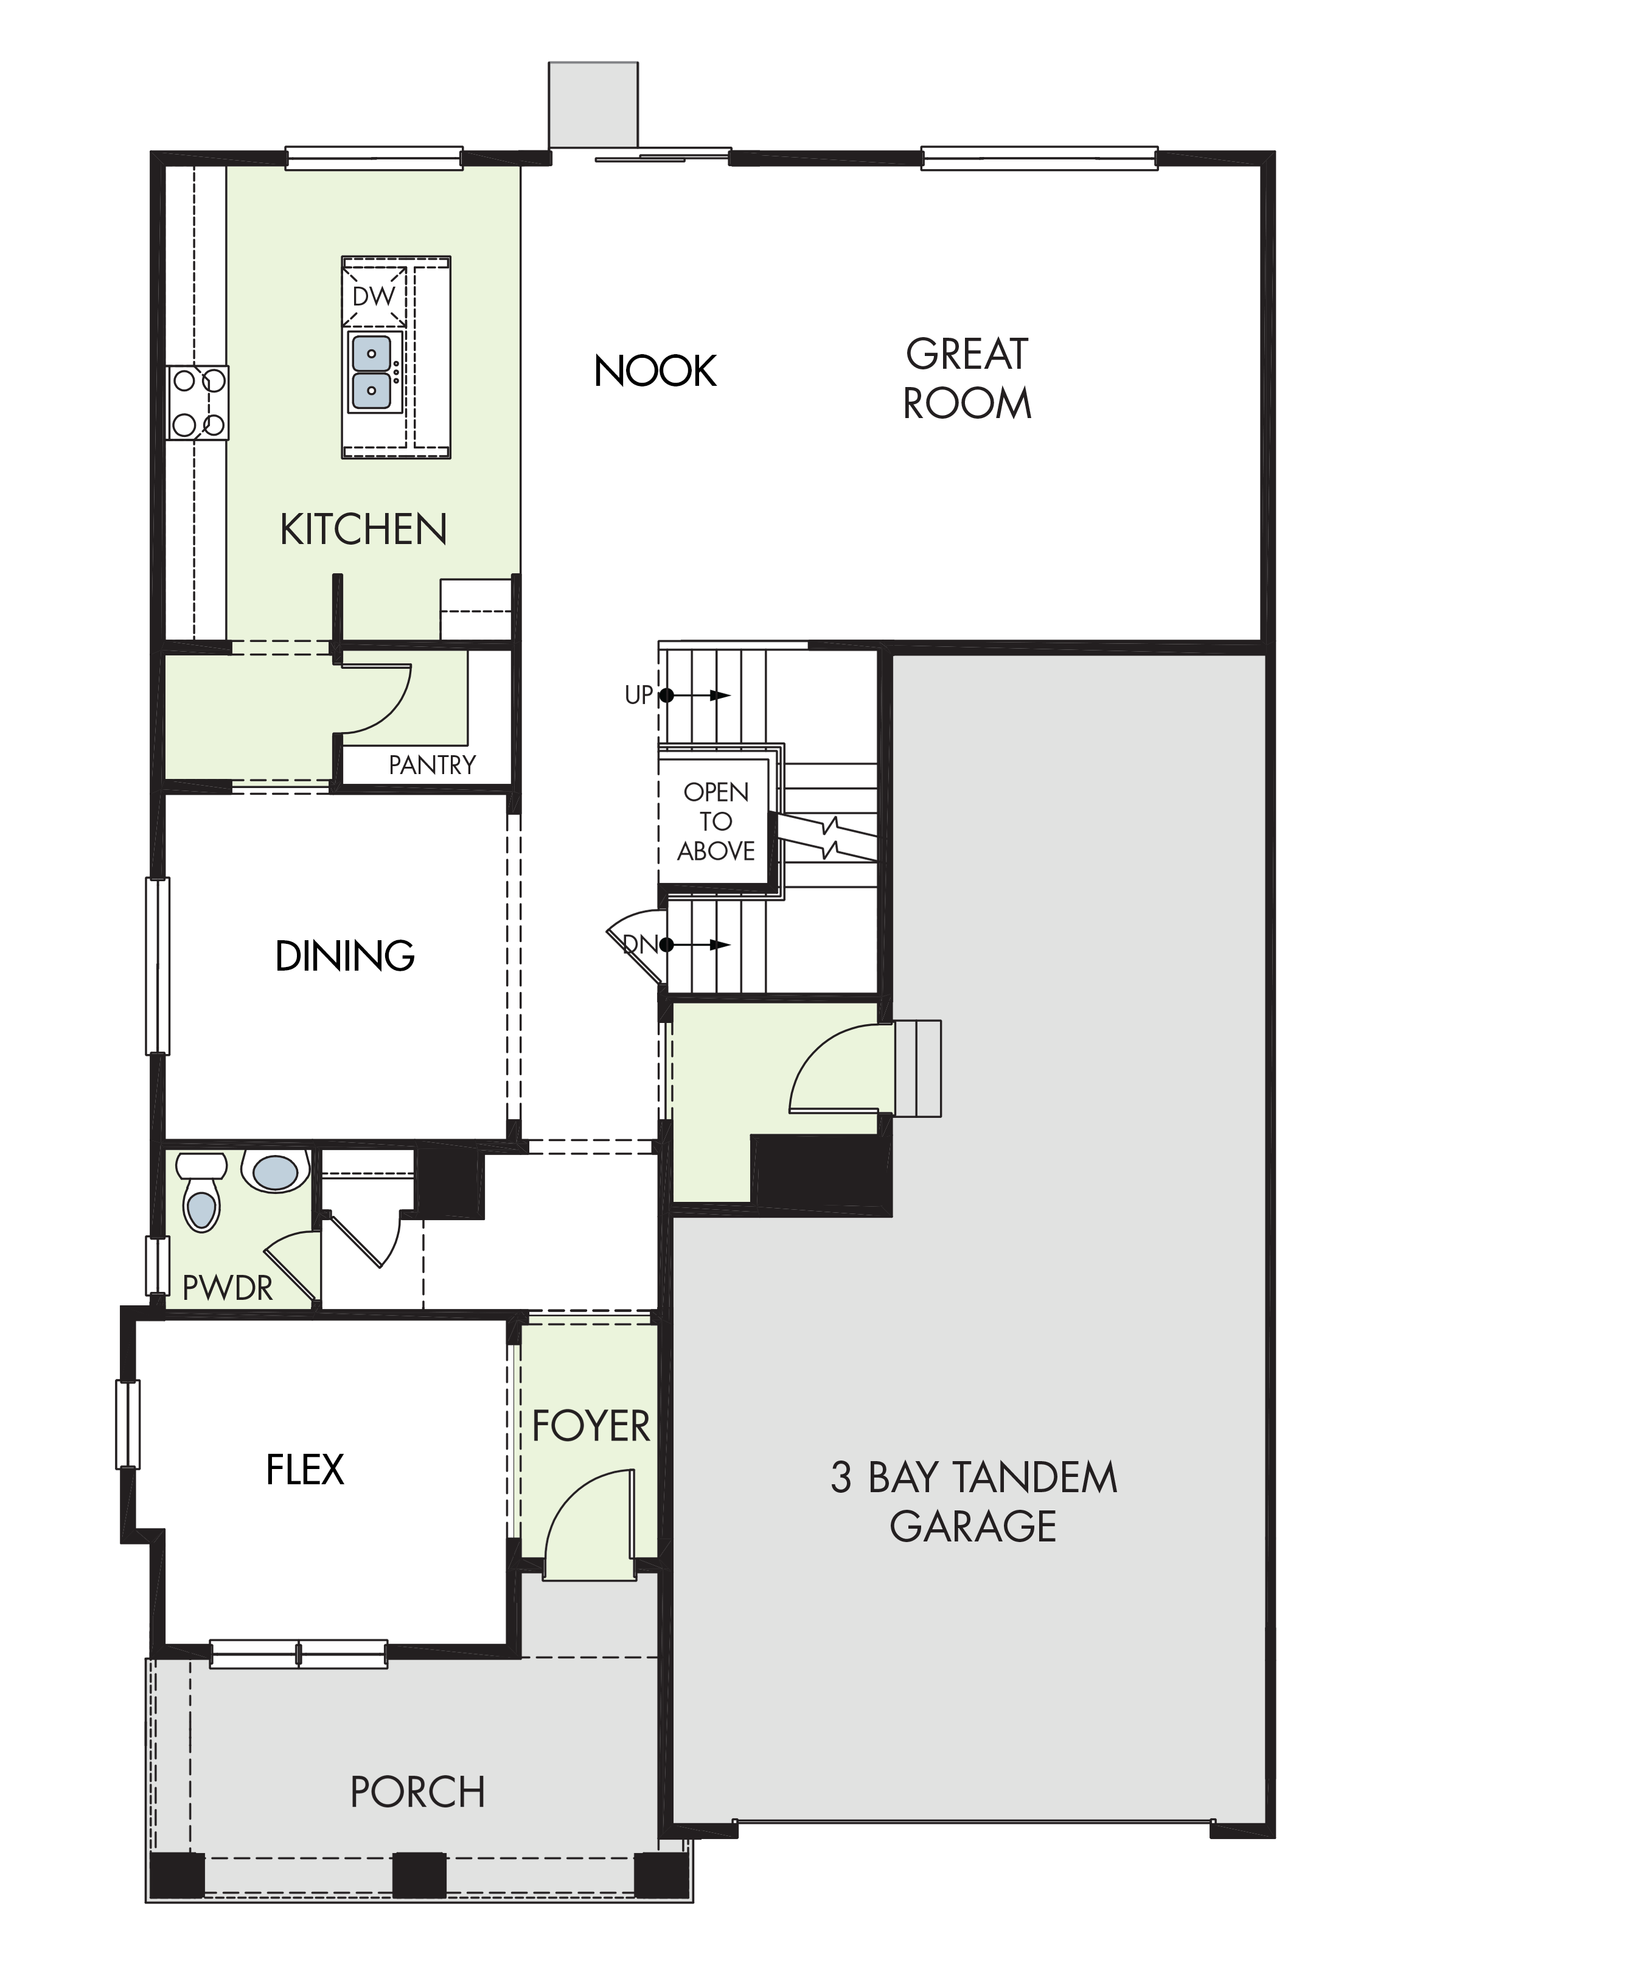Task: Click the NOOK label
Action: tap(655, 371)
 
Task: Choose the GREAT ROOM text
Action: tap(967, 379)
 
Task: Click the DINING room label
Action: tap(345, 955)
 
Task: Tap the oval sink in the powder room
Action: tap(276, 1171)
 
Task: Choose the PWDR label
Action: tap(228, 1288)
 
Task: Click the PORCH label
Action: tap(417, 1793)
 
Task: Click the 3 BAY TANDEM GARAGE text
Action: tap(973, 1502)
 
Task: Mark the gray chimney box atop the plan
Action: tap(593, 105)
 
